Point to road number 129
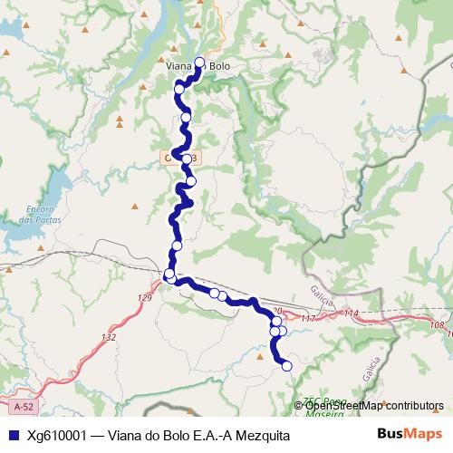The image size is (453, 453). [146, 298]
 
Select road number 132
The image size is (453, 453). [110, 337]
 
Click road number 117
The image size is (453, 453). [307, 319]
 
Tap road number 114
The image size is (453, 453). [352, 313]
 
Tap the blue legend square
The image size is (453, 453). [13, 436]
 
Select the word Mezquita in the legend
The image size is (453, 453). [263, 436]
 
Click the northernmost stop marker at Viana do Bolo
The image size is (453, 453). [200, 63]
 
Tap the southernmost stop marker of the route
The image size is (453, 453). [287, 366]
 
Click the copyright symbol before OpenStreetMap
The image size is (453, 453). [299, 405]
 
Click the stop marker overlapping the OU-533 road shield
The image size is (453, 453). [187, 158]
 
